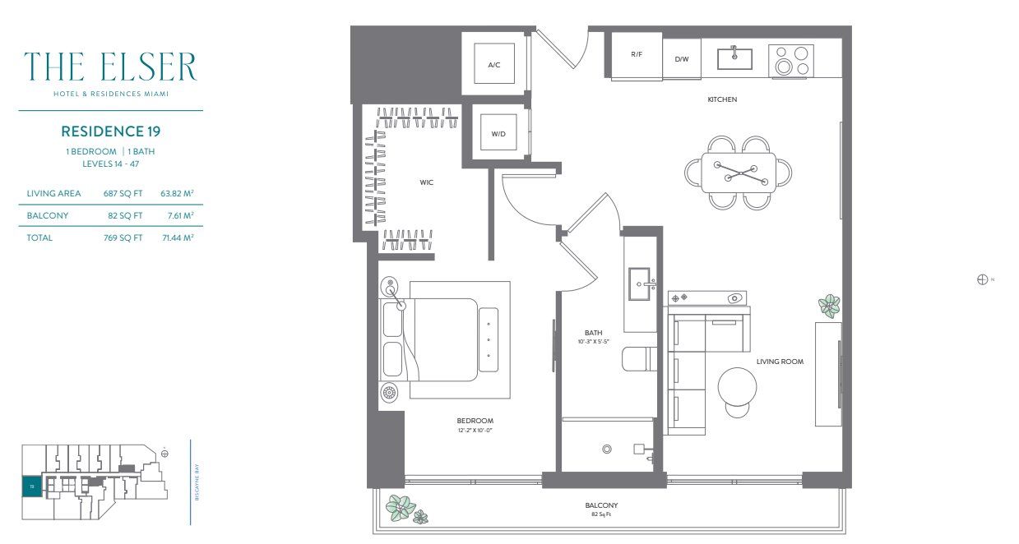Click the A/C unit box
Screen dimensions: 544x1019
click(494, 64)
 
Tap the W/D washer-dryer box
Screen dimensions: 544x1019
click(498, 132)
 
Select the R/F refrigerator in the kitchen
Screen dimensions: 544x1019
click(637, 55)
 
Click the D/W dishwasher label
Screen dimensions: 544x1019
click(682, 59)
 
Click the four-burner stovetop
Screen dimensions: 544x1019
click(791, 61)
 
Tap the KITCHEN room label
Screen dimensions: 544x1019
click(722, 100)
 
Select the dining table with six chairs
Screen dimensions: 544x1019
click(739, 172)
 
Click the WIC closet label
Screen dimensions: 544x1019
click(426, 182)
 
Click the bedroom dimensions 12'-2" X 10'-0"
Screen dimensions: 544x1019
click(475, 431)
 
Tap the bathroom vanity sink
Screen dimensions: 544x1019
click(641, 284)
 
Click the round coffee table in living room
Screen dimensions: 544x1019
click(737, 384)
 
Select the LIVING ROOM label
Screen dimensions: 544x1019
click(780, 362)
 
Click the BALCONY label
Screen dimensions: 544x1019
click(602, 505)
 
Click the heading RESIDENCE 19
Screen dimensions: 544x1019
click(110, 131)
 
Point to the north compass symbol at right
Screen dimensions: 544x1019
click(982, 280)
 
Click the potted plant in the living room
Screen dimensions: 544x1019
click(829, 306)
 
